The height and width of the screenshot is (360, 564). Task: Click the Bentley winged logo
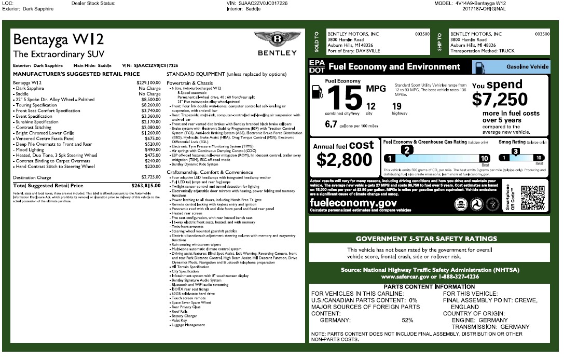275,39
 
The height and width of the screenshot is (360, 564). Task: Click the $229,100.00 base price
148,83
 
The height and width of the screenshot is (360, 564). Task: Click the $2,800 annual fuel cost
344,160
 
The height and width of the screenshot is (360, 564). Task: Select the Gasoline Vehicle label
527,67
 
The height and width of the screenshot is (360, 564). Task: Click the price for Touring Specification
151,105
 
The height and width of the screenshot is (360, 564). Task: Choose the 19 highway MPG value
396,106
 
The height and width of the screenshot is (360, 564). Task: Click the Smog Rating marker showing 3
515,151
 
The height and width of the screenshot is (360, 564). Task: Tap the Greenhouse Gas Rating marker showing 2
407,151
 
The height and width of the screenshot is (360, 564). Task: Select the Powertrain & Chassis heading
189,83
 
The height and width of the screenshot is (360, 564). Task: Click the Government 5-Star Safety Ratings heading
426,239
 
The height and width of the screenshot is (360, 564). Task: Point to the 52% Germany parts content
407,320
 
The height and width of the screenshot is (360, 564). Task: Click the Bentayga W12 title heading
58,39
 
